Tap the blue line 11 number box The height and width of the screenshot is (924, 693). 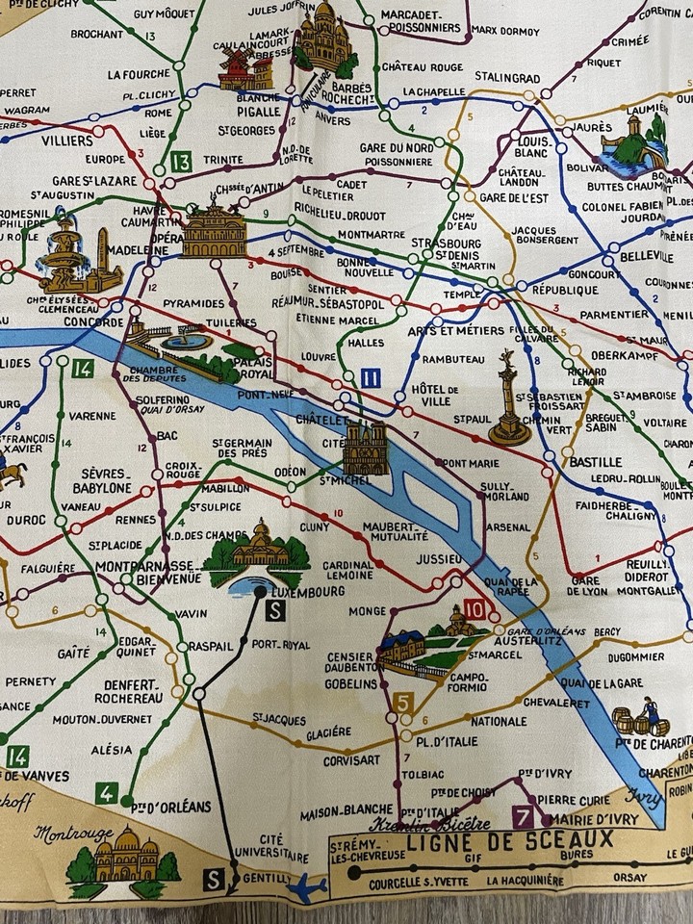click(373, 378)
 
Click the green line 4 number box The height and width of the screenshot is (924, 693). click(107, 794)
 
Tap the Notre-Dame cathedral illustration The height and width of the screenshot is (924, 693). click(367, 448)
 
